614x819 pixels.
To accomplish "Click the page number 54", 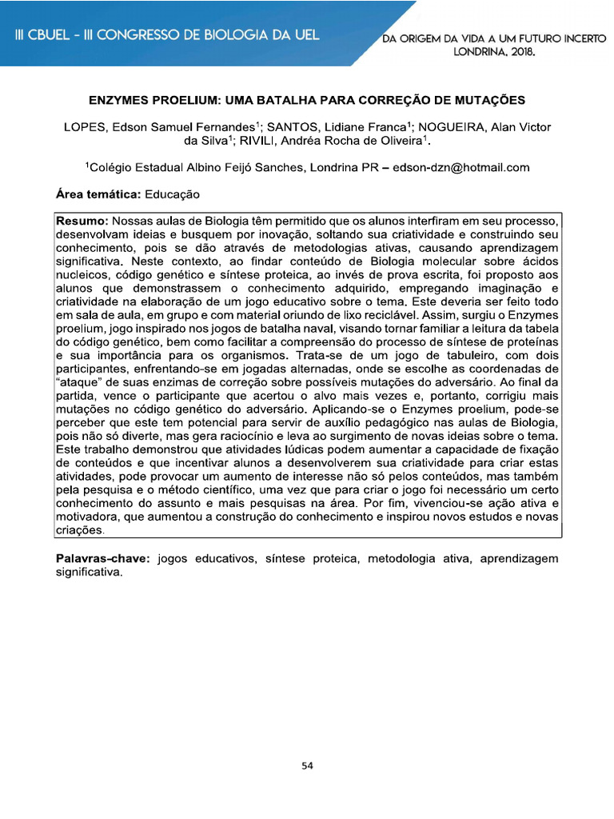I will coord(307,765).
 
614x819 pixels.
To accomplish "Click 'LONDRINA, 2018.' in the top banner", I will coord(494,51).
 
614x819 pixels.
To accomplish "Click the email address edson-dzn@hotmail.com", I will coord(461,167).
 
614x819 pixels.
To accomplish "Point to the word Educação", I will coord(172,194).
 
